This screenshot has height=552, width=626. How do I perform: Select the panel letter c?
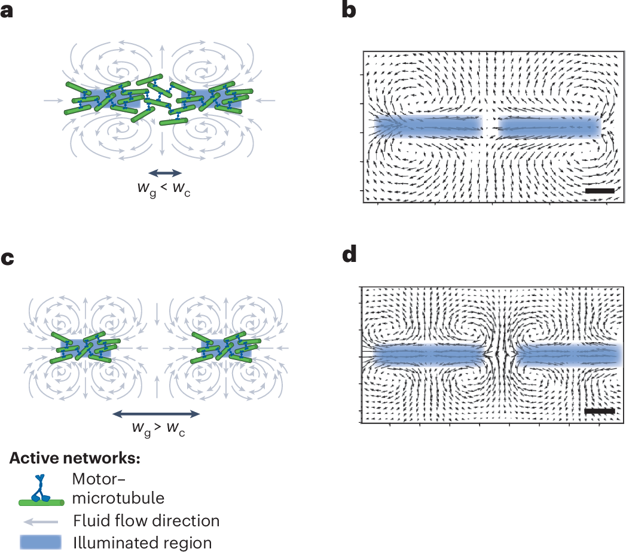[x=7, y=260]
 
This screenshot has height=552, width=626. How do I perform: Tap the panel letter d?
[x=349, y=255]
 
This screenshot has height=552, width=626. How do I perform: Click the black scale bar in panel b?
[x=600, y=190]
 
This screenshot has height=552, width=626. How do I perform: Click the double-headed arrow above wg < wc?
[x=164, y=173]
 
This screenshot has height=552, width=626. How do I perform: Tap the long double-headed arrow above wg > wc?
[x=156, y=413]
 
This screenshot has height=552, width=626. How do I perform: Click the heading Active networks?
[x=75, y=459]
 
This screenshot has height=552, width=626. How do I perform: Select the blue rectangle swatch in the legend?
[x=40, y=542]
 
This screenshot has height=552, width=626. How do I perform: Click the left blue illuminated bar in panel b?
[x=429, y=127]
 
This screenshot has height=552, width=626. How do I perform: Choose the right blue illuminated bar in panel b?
[x=549, y=127]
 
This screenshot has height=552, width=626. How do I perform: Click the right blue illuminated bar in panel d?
[x=568, y=355]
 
